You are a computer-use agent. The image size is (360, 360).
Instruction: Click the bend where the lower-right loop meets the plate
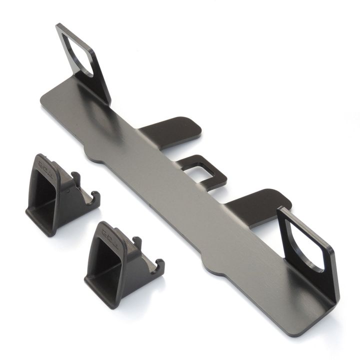click(320, 300)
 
